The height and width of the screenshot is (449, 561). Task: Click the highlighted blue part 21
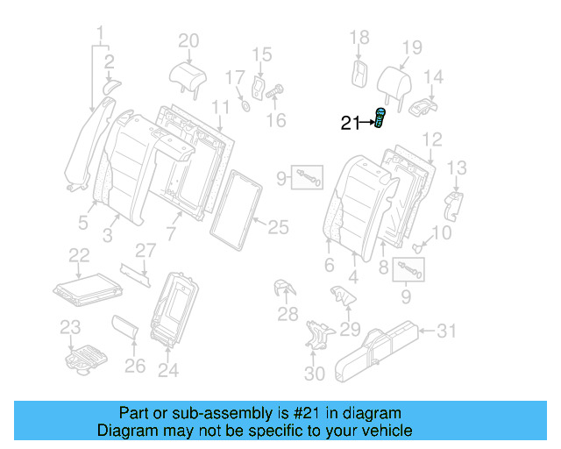click(380, 118)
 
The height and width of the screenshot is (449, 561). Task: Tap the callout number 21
click(350, 124)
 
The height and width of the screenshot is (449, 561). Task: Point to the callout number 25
click(277, 228)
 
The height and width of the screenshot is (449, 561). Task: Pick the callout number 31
click(447, 331)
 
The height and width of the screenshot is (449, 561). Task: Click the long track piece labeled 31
click(381, 347)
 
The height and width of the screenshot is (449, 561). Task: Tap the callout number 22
click(79, 255)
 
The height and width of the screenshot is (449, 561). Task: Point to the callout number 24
click(167, 370)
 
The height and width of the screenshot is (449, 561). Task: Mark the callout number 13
click(457, 167)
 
